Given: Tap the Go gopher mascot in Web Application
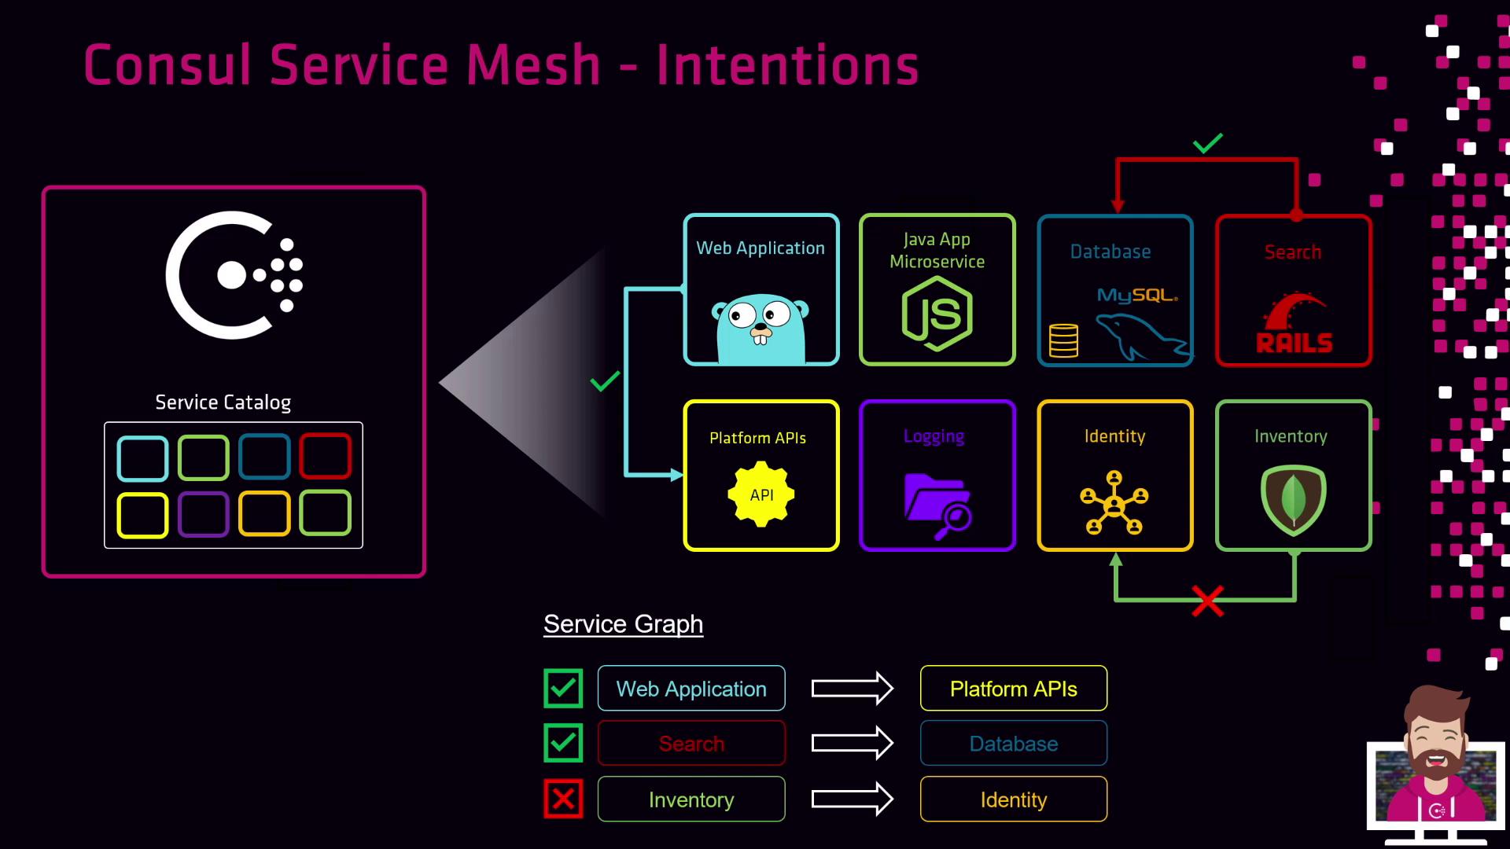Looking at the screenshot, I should pyautogui.click(x=761, y=329).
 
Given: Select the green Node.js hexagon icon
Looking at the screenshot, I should pyautogui.click(x=937, y=314).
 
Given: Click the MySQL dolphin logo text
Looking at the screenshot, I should pyautogui.click(x=1137, y=296).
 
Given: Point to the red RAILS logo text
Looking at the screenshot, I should pyautogui.click(x=1294, y=343).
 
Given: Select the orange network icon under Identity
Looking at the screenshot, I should pyautogui.click(x=1114, y=503).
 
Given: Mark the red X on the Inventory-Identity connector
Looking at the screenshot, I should pyautogui.click(x=1207, y=601).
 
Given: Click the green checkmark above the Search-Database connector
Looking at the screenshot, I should pyautogui.click(x=1207, y=143).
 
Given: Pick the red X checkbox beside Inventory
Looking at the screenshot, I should pyautogui.click(x=563, y=799).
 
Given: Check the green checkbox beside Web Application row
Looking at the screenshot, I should pyautogui.click(x=563, y=689).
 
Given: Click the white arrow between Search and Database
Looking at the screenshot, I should pyautogui.click(x=852, y=744).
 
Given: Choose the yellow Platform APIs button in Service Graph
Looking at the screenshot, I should pyautogui.click(x=1013, y=689).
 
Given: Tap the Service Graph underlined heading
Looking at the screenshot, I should pyautogui.click(x=623, y=624).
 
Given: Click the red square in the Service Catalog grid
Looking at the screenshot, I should pyautogui.click(x=325, y=456).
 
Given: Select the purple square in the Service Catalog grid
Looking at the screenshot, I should pyautogui.click(x=203, y=514).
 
